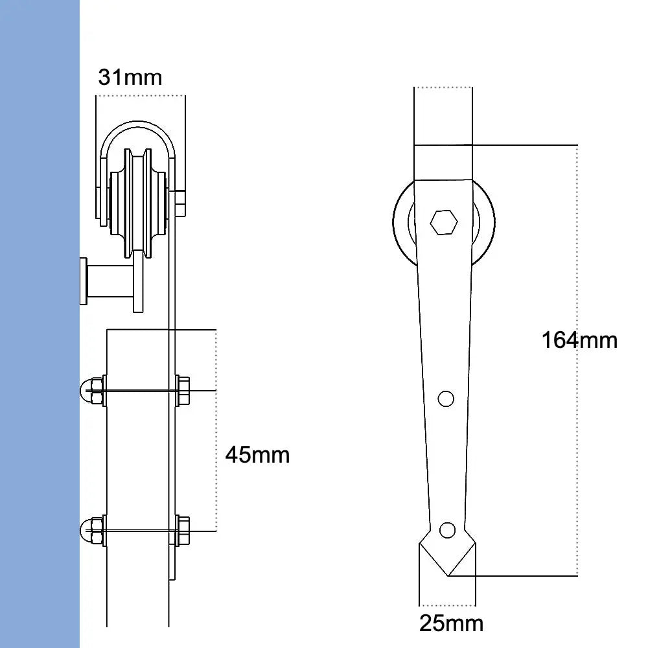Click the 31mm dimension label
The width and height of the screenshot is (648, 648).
coord(130,78)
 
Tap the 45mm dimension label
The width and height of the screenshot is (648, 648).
coord(257,455)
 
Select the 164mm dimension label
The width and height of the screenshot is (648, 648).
coord(579,340)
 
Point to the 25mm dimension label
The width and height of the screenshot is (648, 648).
coord(451,623)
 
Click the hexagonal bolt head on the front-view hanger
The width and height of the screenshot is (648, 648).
coord(444,222)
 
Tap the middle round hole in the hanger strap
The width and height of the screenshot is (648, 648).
coord(445,399)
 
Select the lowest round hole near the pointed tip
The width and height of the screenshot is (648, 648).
coord(446,530)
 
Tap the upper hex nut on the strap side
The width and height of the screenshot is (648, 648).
coord(183,391)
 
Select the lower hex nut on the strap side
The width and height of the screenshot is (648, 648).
coord(183,531)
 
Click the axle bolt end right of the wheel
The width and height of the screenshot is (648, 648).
coord(179,203)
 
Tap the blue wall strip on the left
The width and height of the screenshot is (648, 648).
coord(39,324)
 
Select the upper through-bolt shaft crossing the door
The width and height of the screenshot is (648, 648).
coord(139,391)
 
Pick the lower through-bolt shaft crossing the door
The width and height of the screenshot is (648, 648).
coord(139,531)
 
